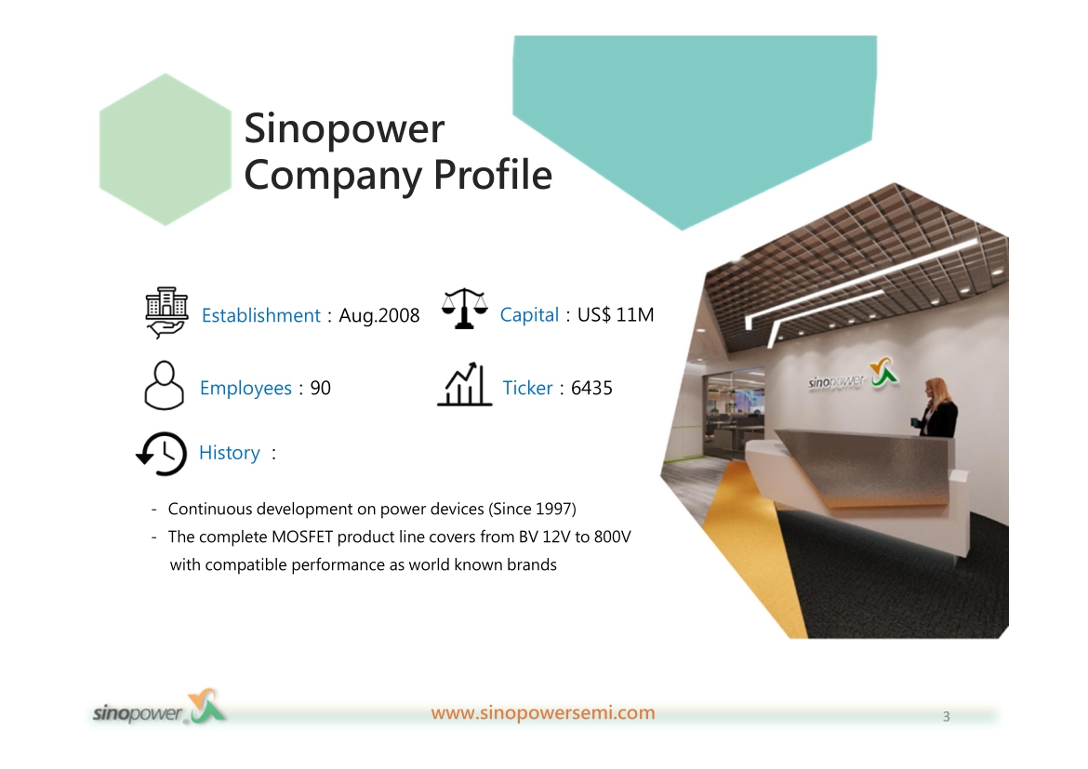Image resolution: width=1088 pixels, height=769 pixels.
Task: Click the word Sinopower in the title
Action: pyautogui.click(x=344, y=130)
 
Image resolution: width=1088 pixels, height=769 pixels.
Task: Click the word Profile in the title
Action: pyautogui.click(x=493, y=174)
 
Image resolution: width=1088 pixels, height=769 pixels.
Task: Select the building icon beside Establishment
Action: pyautogui.click(x=166, y=312)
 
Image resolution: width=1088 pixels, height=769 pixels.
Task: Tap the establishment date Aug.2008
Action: pyautogui.click(x=378, y=316)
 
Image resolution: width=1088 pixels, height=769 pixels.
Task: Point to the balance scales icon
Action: pyautogui.click(x=464, y=309)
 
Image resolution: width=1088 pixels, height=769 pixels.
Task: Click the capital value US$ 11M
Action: pyautogui.click(x=616, y=315)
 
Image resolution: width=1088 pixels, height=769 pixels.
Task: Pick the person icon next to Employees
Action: pyautogui.click(x=164, y=385)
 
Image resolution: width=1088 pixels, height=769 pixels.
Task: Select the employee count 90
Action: pyautogui.click(x=321, y=388)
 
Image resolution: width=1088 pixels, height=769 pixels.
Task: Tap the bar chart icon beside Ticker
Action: pyautogui.click(x=464, y=384)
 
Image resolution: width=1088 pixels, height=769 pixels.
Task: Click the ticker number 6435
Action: pyautogui.click(x=591, y=388)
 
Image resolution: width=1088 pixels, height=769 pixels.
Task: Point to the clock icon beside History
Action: pyautogui.click(x=162, y=454)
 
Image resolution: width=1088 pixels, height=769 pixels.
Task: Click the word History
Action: pyautogui.click(x=230, y=453)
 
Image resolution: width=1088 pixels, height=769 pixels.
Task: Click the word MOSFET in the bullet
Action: pyautogui.click(x=302, y=537)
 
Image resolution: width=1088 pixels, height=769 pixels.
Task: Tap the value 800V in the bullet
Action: pyautogui.click(x=612, y=537)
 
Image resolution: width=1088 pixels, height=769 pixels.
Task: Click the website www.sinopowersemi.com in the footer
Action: pyautogui.click(x=543, y=713)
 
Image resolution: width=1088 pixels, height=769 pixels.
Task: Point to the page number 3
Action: pyautogui.click(x=946, y=717)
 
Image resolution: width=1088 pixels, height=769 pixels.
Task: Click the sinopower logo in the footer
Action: pyautogui.click(x=160, y=708)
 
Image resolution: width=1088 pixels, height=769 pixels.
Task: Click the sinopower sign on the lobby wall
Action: pyautogui.click(x=853, y=377)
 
